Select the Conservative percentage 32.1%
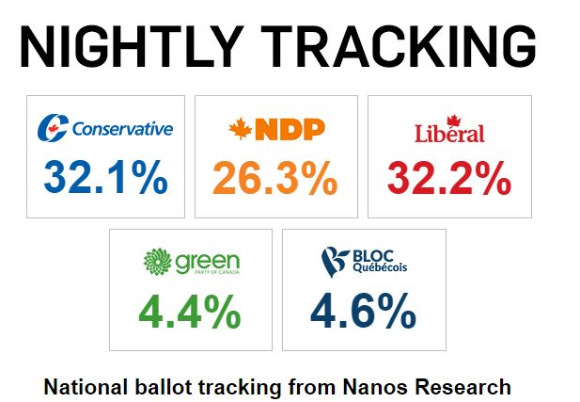(x=105, y=177)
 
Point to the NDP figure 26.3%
(x=275, y=177)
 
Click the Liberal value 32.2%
(x=449, y=177)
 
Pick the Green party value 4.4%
(x=191, y=313)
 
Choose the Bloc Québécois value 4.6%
(x=365, y=313)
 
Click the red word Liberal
(x=449, y=134)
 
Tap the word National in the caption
(x=86, y=386)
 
